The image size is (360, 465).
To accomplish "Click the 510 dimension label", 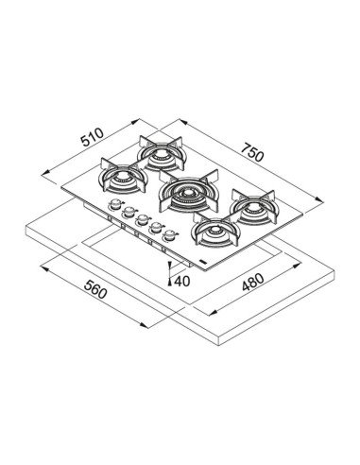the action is tap(93, 137).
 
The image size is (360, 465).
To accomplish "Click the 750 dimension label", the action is tap(252, 152).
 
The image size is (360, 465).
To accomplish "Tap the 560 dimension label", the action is tap(95, 289).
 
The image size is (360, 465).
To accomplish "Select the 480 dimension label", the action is tap(253, 283).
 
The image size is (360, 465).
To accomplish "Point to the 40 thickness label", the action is tap(181, 282).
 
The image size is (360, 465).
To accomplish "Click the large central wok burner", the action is tap(189, 191).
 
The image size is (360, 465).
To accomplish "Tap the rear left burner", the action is tap(162, 153).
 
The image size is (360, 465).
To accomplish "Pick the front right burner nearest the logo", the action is tap(215, 230).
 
